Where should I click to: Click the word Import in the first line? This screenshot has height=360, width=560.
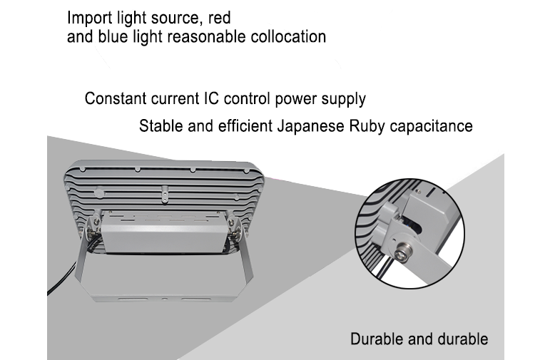click(87, 17)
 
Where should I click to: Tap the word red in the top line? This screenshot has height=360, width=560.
click(218, 17)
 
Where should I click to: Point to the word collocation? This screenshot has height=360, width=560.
click(288, 36)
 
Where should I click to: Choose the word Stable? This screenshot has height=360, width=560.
click(159, 127)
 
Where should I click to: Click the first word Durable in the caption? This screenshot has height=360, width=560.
click(375, 339)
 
